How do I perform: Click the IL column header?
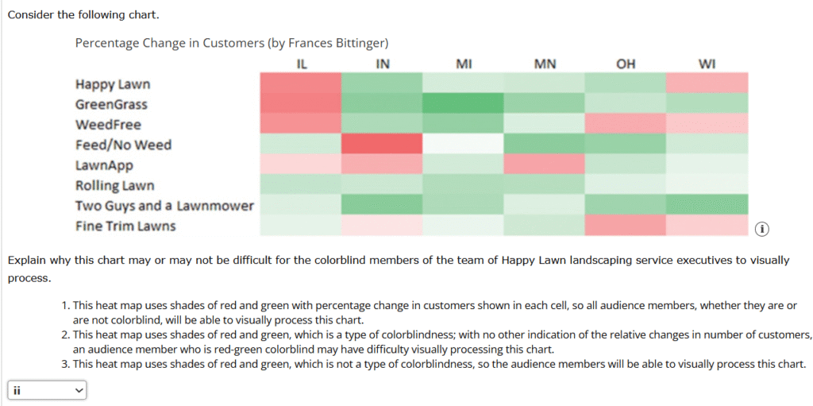coord(301,64)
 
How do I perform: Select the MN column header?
coord(545,64)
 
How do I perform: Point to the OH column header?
coord(626,64)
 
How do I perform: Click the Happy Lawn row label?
coord(113,84)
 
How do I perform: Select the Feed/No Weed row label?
coord(123,145)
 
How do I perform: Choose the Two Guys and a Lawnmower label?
coord(164,206)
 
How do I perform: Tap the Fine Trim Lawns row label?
coord(125,226)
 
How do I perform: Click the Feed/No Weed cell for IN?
coord(382,145)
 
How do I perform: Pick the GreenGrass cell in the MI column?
coord(464,103)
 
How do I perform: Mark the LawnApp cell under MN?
coord(545,165)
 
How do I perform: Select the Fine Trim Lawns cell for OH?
coord(626,226)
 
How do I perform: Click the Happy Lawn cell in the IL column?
coord(301,83)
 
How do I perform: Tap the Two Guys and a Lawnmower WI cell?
coord(707,205)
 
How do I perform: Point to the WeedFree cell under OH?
coord(626,124)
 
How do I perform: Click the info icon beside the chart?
coord(761,229)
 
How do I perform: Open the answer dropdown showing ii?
coord(46,390)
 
